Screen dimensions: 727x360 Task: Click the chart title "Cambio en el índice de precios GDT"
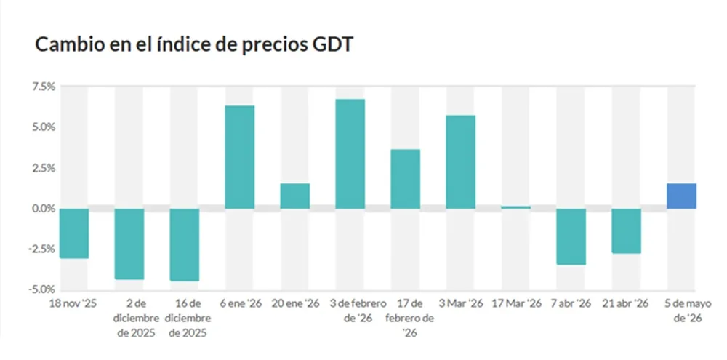tap(194, 46)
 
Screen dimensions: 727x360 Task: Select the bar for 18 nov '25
tap(74, 233)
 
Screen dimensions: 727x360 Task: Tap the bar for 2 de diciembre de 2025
tap(129, 244)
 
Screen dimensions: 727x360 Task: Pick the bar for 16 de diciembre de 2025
tap(185, 245)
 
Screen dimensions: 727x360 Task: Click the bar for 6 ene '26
tap(240, 157)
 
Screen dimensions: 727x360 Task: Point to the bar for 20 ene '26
tap(295, 196)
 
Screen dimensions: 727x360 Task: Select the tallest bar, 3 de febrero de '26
tap(350, 154)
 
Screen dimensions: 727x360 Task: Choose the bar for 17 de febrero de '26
tap(405, 179)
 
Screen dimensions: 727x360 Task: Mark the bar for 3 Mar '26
tap(460, 162)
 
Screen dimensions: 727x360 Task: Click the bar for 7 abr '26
tap(571, 236)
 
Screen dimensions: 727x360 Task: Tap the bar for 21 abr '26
tap(627, 231)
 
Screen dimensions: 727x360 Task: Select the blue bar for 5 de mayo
tap(682, 196)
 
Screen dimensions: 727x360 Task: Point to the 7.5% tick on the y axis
tap(44, 87)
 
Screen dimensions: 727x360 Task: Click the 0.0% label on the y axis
tap(44, 209)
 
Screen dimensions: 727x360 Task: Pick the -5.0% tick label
tap(42, 290)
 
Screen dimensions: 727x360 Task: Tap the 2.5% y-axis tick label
tap(44, 168)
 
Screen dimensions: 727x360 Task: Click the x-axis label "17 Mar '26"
tap(516, 304)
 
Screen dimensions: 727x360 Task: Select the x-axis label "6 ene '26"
tap(240, 304)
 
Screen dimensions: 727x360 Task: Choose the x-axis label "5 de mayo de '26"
tap(682, 311)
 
